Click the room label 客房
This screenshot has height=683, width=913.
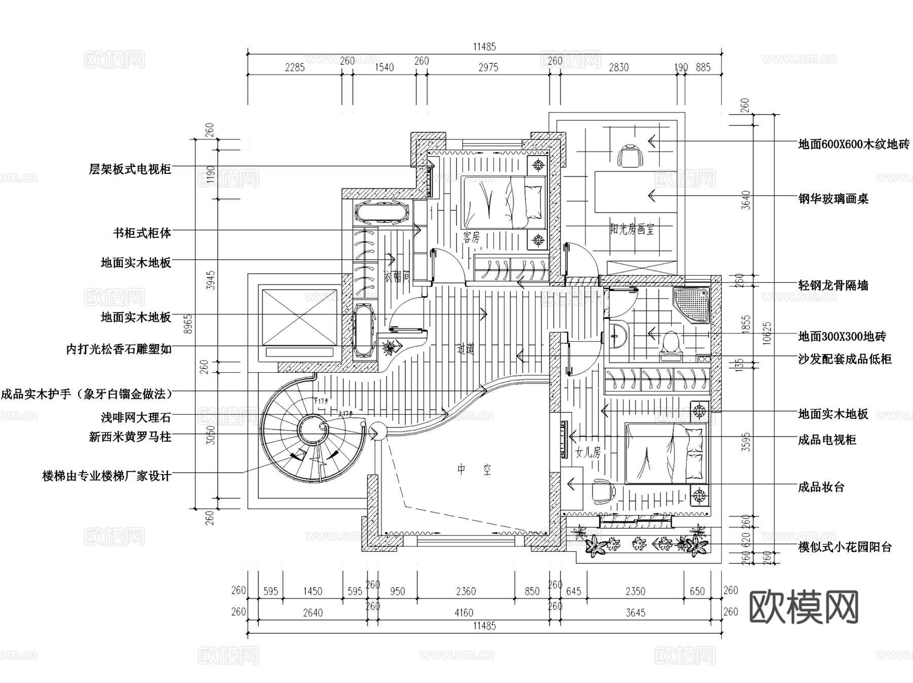pos(471,237)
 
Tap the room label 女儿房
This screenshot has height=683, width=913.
pos(588,452)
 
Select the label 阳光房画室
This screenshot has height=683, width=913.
pos(631,230)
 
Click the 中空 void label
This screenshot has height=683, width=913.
pos(474,470)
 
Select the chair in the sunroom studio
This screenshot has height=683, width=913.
pos(629,155)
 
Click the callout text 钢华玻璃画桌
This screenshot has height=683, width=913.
pos(833,199)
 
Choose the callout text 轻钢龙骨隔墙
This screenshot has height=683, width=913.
pos(833,285)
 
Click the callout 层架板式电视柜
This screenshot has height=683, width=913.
pos(130,169)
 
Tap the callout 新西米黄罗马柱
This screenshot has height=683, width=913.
pos(130,437)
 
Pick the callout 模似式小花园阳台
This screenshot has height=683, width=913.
pos(845,547)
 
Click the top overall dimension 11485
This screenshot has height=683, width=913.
pos(484,47)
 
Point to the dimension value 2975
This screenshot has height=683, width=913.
pos(488,67)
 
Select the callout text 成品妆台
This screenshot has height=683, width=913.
pos(821,487)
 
